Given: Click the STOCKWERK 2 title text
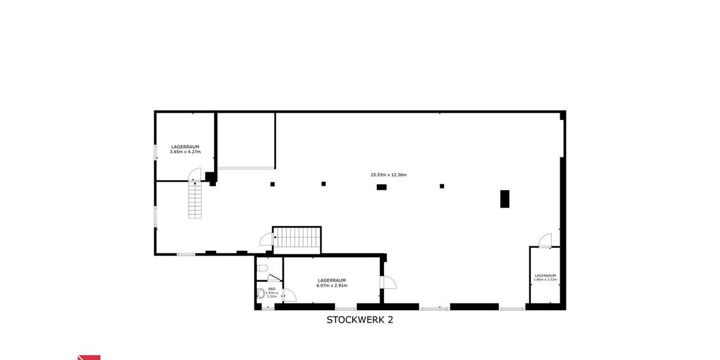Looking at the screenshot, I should [359, 320].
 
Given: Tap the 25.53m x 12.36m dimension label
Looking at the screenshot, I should [388, 175].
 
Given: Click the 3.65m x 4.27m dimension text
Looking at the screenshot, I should [185, 152].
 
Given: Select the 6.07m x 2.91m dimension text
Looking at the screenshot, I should [332, 286].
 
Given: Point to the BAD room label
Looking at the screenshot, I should [272, 289].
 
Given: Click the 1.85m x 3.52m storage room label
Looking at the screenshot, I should [545, 280].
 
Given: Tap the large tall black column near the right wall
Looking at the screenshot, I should [505, 199].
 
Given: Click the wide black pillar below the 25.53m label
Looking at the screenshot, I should [381, 187].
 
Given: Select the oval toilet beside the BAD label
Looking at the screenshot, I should [261, 294].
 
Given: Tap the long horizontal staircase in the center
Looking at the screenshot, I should [297, 238].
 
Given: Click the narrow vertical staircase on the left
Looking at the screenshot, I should [196, 199].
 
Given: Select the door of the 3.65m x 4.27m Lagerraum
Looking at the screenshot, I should [196, 175].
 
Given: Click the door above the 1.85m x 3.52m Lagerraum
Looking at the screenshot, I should [545, 240].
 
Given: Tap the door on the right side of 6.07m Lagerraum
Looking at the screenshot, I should [388, 281].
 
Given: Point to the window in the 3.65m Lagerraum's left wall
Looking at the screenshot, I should [155, 152].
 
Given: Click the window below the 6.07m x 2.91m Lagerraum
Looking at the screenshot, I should [345, 308].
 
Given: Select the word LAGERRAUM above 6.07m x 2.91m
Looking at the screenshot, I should [332, 280].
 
